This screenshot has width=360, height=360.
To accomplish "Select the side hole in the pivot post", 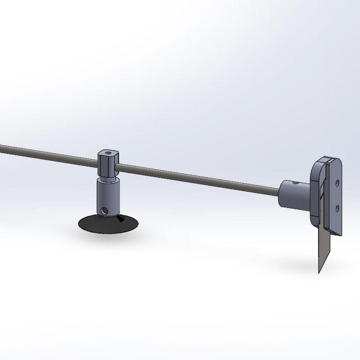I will click(104, 210).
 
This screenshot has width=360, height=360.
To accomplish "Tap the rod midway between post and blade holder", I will click(198, 176).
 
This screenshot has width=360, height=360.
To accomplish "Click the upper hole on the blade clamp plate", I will click(337, 184).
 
